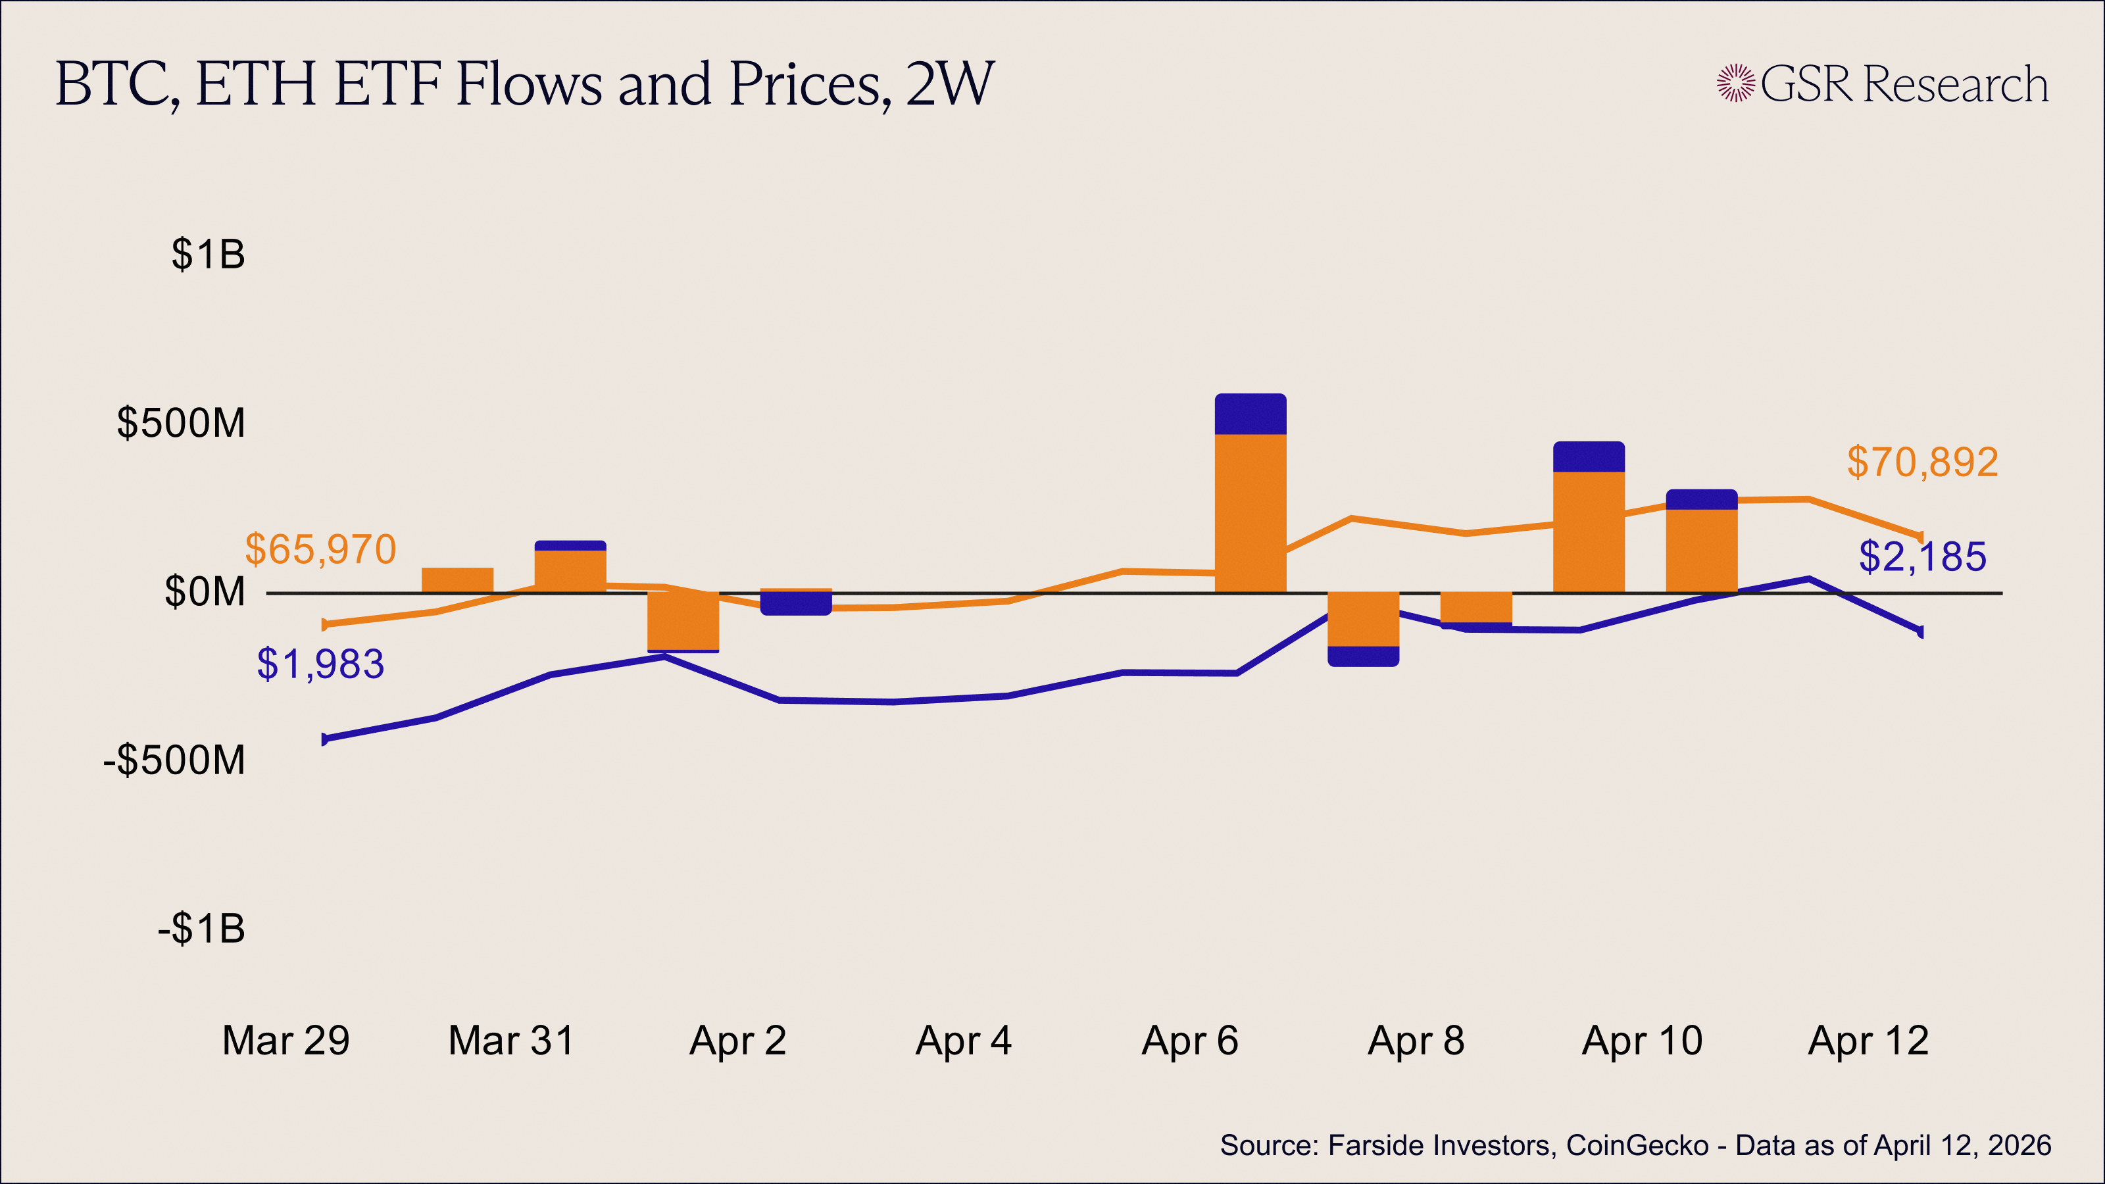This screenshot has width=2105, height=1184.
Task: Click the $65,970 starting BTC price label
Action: click(320, 549)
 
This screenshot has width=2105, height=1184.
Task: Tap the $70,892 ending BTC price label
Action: click(1922, 462)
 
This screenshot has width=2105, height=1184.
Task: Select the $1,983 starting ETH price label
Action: click(320, 664)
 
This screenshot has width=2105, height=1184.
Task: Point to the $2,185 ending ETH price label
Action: click(1922, 556)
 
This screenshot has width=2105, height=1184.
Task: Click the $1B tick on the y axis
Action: click(208, 254)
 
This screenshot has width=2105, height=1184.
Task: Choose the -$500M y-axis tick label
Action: click(174, 760)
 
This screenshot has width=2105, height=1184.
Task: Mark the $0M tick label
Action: click(205, 591)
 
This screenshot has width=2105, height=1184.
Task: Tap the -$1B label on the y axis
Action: click(201, 929)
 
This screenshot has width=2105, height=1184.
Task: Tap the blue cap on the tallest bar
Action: click(1251, 414)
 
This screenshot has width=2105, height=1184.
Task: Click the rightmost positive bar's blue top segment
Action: click(1701, 499)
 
